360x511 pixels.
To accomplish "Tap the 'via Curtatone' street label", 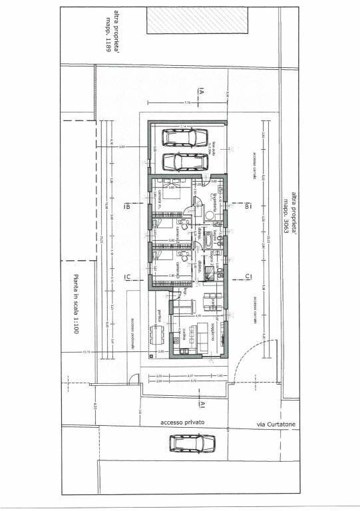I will (x=275, y=424).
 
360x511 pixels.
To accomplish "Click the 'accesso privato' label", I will (x=182, y=423).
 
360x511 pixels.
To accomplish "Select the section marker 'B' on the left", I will (x=126, y=207).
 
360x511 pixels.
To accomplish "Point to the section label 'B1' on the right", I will (x=248, y=207).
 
